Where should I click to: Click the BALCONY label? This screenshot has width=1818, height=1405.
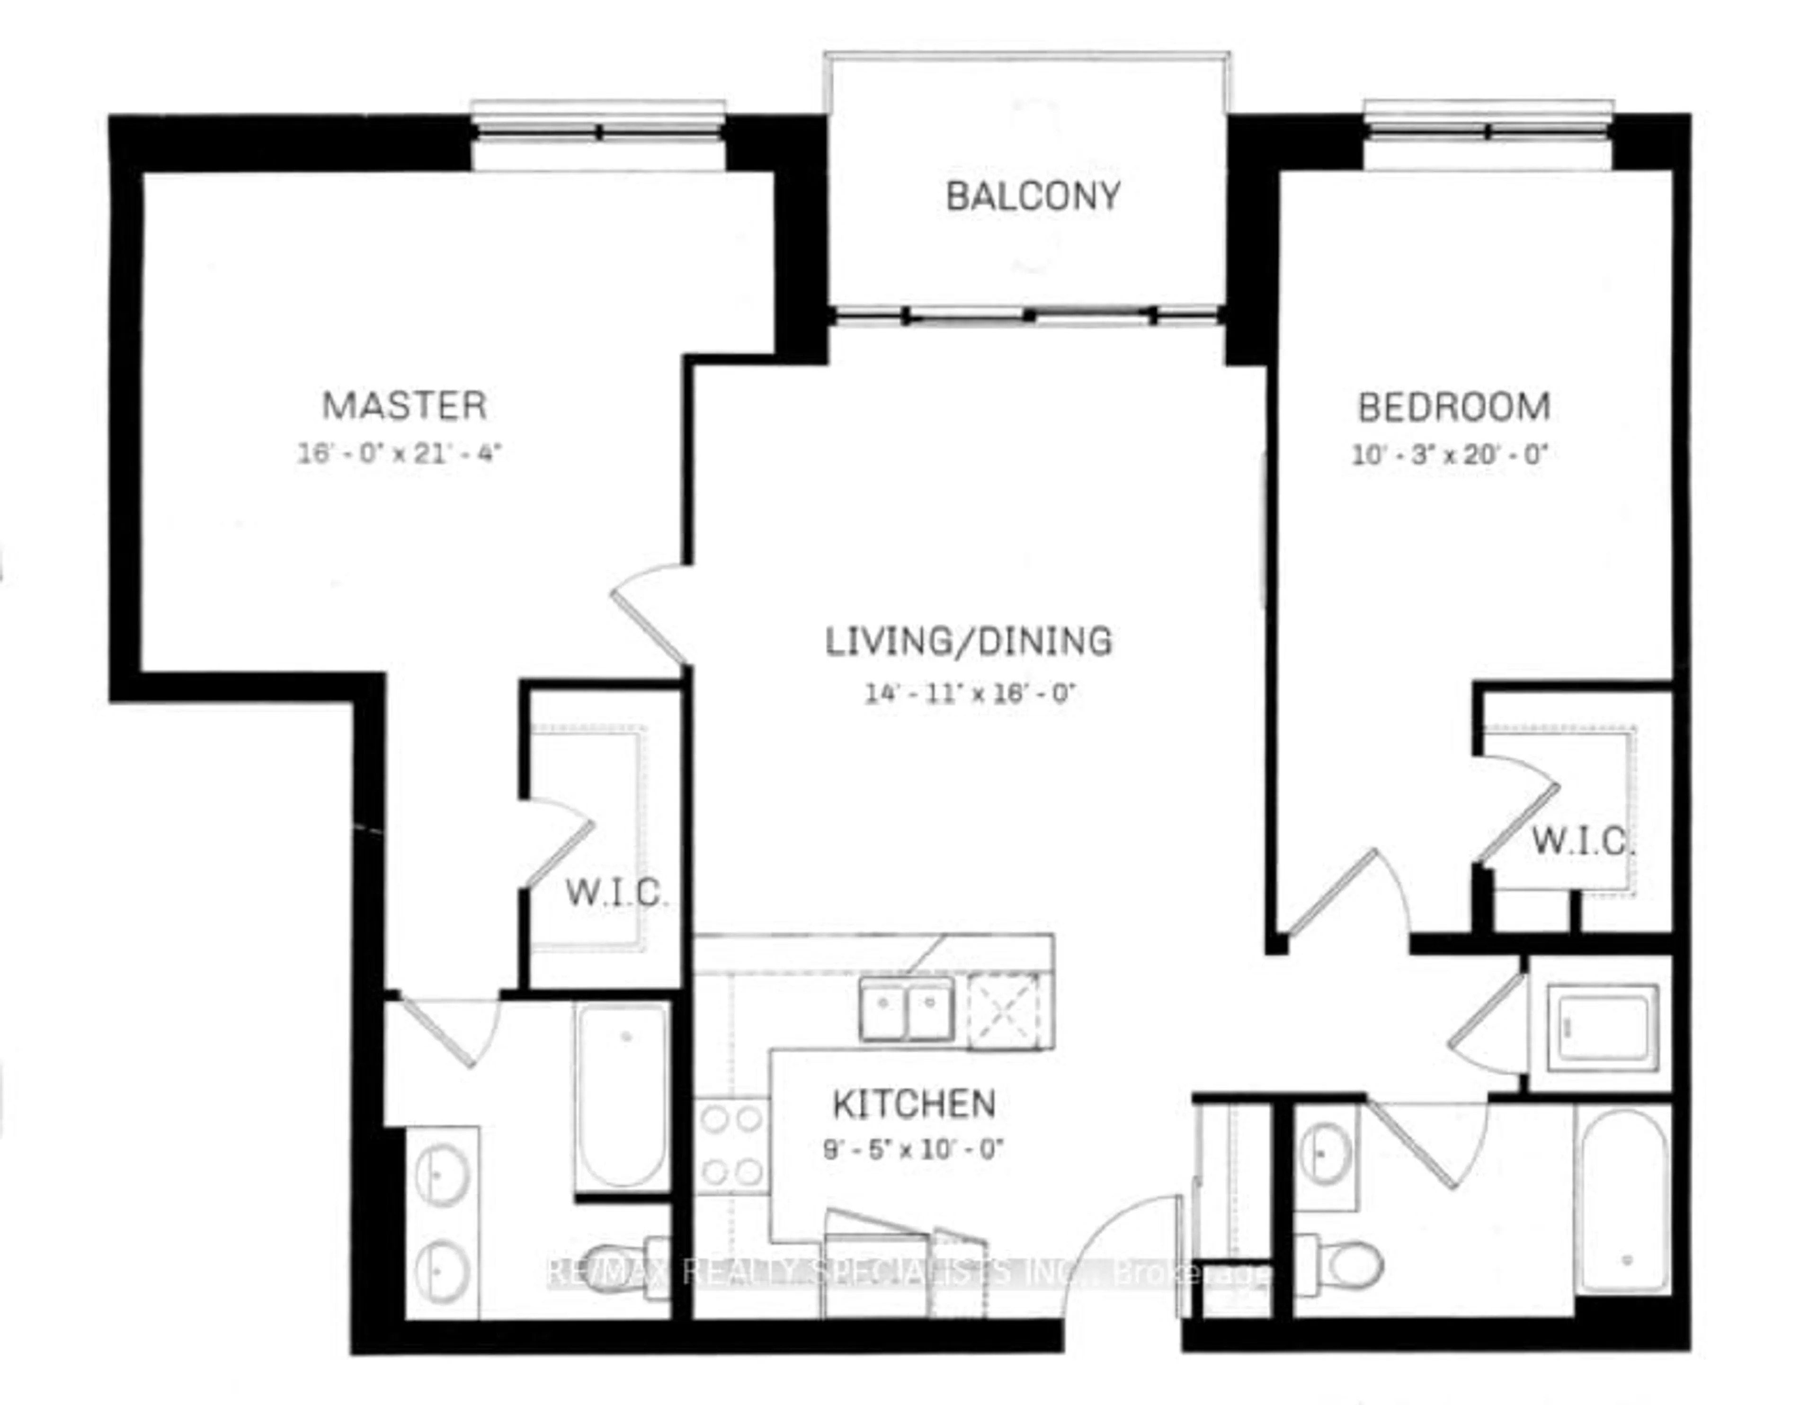click(x=1033, y=197)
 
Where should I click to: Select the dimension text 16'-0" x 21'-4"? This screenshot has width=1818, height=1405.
click(x=400, y=454)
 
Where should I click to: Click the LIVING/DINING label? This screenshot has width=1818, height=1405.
click(x=968, y=641)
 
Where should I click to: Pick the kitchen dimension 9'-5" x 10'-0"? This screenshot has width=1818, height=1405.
click(x=913, y=1150)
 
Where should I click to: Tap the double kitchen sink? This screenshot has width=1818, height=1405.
click(x=907, y=1010)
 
